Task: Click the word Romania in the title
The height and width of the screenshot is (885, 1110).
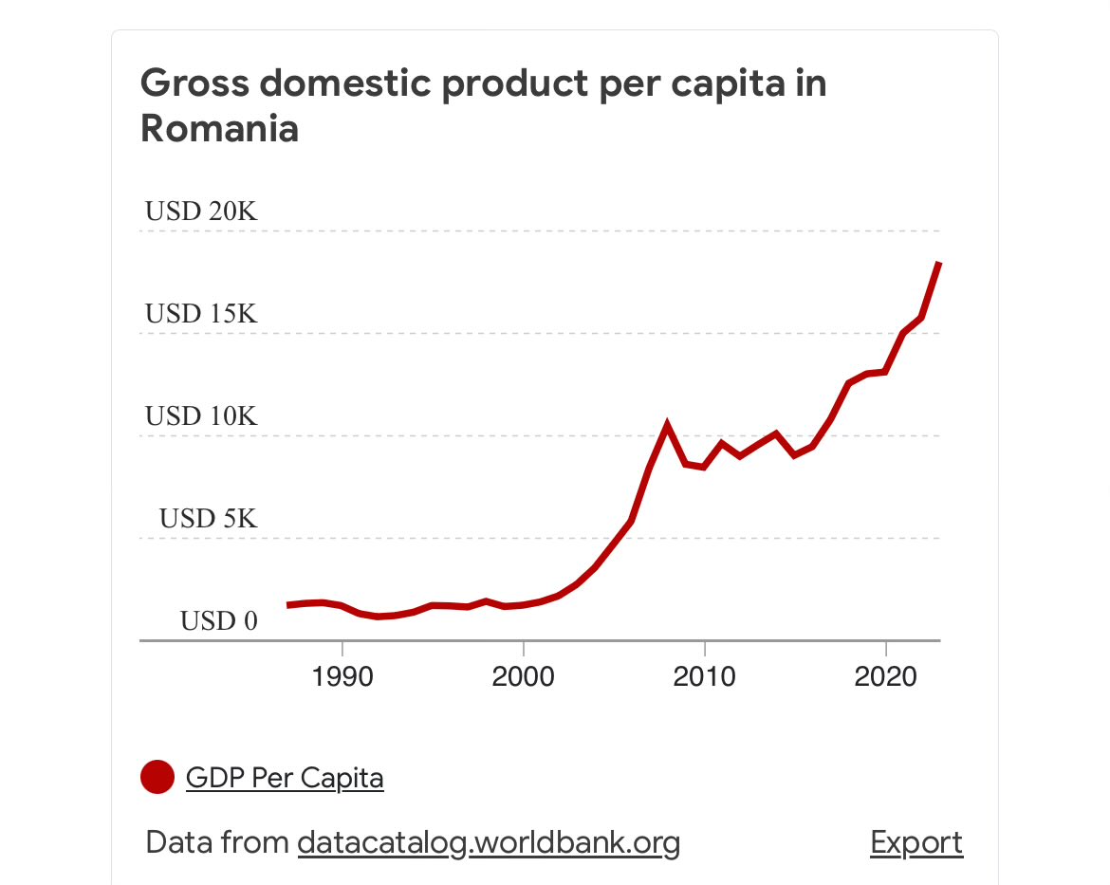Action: click(x=219, y=129)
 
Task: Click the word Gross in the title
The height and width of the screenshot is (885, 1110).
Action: click(x=193, y=83)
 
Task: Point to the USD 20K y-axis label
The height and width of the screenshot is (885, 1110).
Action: click(x=201, y=212)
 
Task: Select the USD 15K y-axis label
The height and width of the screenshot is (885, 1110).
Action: click(x=201, y=314)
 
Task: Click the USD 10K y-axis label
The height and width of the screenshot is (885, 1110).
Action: click(x=201, y=416)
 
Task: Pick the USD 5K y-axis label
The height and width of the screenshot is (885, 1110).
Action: click(x=208, y=519)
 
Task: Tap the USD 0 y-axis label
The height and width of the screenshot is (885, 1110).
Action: click(x=219, y=621)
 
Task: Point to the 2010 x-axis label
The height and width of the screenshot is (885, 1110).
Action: click(x=704, y=676)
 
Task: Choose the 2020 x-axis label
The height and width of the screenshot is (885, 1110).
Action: click(x=885, y=676)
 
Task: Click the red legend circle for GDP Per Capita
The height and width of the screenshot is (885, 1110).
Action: click(x=157, y=778)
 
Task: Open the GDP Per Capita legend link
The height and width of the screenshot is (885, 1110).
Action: click(x=285, y=779)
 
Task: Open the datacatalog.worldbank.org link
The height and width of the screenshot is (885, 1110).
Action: click(x=489, y=842)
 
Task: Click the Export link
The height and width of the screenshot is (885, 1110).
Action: click(x=916, y=842)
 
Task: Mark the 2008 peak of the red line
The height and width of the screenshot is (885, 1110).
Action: click(x=668, y=425)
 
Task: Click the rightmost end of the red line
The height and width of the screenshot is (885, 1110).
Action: click(x=938, y=263)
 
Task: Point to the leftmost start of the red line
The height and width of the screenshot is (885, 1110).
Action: click(x=288, y=605)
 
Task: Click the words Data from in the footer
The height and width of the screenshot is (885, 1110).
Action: click(x=217, y=842)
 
